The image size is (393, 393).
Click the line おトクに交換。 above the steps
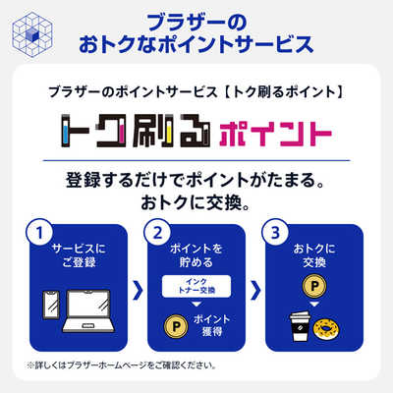(x=196, y=206)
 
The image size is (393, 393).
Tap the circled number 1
(x=40, y=236)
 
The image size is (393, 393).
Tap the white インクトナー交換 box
(x=196, y=286)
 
